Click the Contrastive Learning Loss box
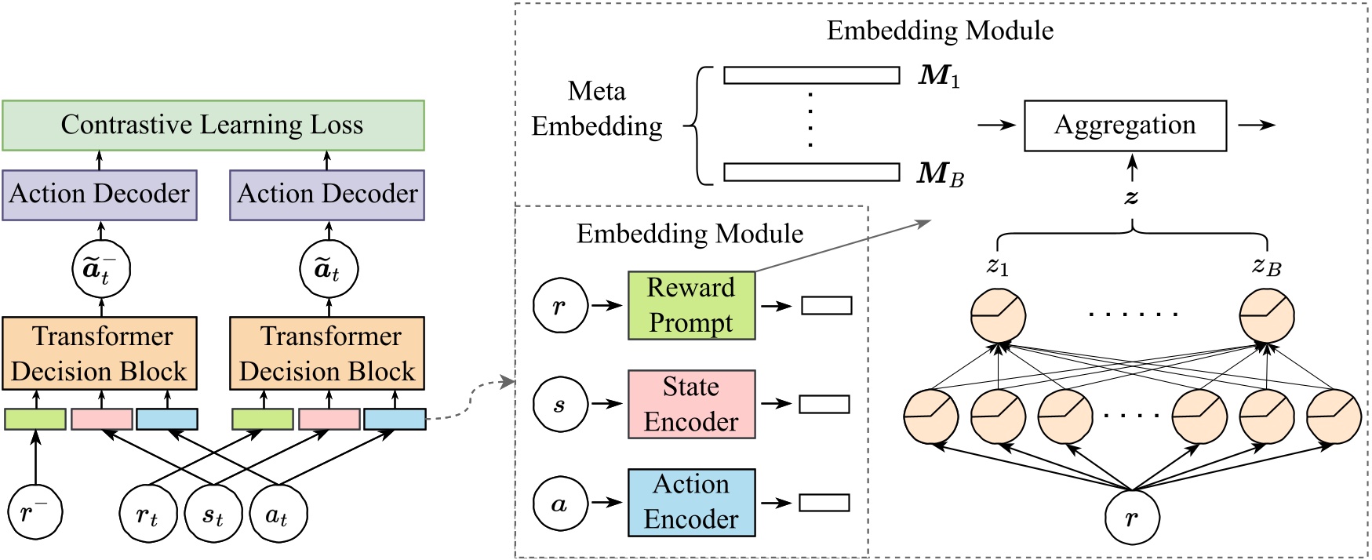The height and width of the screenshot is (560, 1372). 213,125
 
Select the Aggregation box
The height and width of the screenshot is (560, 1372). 1124,125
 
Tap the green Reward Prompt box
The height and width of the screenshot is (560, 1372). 691,305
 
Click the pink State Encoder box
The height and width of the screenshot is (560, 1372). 691,404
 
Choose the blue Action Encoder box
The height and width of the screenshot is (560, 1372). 691,503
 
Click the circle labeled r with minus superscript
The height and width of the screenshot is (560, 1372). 35,512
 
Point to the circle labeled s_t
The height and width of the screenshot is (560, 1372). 213,515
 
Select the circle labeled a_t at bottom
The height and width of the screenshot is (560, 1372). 278,515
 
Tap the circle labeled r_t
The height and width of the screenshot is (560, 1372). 147,515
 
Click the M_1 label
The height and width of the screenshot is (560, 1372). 939,75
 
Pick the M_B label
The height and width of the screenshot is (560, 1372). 940,173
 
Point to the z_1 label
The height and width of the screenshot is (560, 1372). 997,267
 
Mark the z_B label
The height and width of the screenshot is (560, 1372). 1266,267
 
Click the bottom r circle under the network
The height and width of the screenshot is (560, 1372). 1131,518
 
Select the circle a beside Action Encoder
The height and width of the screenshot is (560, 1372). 559,504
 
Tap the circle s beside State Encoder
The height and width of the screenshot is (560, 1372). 559,405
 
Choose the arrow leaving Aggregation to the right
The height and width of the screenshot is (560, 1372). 1256,125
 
